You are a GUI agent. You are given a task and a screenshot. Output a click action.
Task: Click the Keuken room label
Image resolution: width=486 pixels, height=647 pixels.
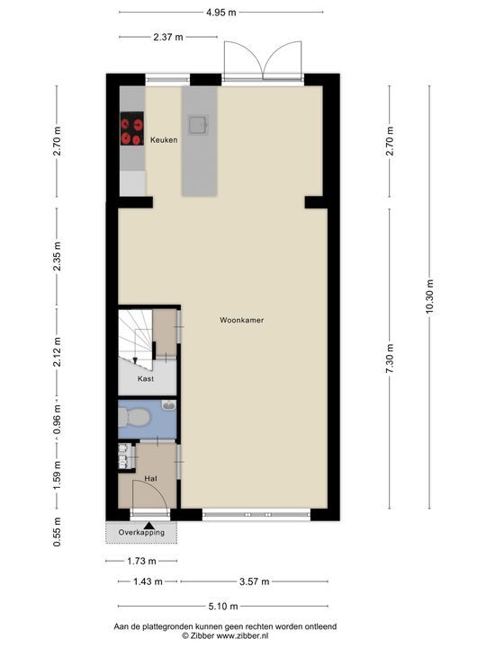[164, 140]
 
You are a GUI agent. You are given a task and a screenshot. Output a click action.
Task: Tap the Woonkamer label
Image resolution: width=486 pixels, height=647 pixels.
[242, 320]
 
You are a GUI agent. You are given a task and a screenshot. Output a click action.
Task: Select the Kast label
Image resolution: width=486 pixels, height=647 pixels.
[146, 378]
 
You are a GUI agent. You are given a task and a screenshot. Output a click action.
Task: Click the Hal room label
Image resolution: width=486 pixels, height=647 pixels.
[150, 479]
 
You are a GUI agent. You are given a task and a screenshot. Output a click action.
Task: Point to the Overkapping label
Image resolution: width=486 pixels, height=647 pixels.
[141, 532]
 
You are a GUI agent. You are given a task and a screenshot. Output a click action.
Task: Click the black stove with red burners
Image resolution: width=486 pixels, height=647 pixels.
[132, 129]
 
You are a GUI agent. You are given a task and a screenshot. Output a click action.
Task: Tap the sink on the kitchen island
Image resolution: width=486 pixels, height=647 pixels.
[198, 125]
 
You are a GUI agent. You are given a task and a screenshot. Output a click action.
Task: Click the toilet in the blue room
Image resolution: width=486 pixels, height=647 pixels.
[134, 417]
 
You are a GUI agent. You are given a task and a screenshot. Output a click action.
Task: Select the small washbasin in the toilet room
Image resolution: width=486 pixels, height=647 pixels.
[169, 405]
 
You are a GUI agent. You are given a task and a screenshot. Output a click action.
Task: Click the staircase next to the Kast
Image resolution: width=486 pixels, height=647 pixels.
[136, 336]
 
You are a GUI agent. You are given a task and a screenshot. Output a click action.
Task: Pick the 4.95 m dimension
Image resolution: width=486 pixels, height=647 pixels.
[221, 13]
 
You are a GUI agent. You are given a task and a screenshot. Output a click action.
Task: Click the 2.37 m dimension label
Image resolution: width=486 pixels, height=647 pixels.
[168, 37]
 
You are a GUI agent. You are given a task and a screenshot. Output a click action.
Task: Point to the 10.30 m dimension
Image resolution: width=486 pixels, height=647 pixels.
[430, 297]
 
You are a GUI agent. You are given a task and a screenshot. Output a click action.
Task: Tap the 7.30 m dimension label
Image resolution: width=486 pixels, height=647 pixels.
[390, 359]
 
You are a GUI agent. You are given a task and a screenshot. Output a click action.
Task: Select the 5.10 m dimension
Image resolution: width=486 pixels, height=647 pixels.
[223, 607]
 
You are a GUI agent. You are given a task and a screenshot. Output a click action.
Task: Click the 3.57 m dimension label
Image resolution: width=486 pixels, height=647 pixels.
[254, 581]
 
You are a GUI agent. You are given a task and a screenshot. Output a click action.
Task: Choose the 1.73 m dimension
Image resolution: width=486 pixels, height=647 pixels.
[141, 561]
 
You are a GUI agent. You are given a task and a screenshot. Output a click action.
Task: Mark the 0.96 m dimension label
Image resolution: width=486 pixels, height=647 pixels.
[57, 420]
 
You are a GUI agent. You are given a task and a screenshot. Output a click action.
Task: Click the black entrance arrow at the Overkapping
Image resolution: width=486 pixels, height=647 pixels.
[149, 526]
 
